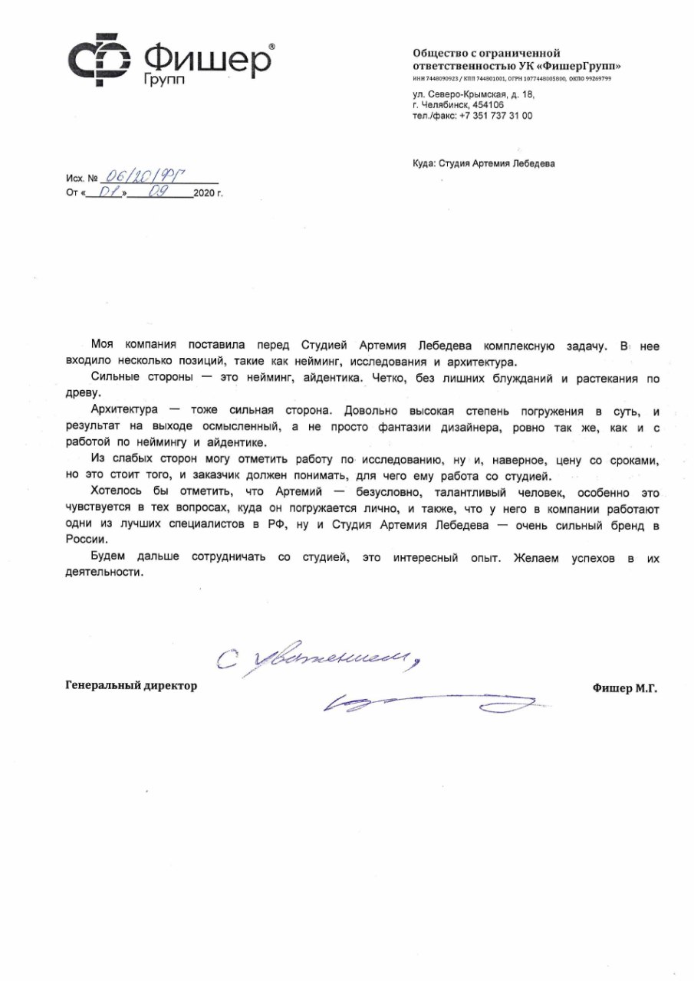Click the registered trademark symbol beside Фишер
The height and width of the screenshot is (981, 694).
pyautogui.click(x=271, y=47)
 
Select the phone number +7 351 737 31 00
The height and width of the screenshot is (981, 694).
pyautogui.click(x=495, y=116)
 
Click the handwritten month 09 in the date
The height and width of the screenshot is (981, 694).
pyautogui.click(x=156, y=193)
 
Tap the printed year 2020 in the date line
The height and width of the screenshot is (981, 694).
pyautogui.click(x=205, y=195)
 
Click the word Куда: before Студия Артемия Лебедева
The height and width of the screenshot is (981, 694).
pyautogui.click(x=423, y=163)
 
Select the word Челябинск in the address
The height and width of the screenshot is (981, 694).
pyautogui.click(x=445, y=105)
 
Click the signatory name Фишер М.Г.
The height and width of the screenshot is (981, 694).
pyautogui.click(x=625, y=688)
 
